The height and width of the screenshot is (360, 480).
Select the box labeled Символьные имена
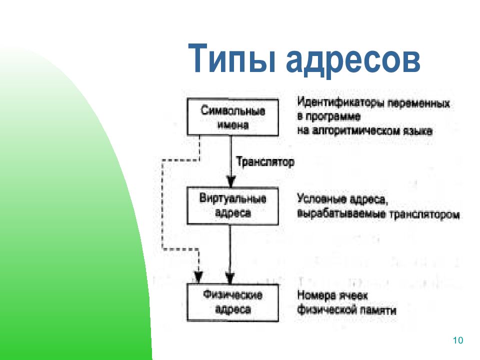point(232,117)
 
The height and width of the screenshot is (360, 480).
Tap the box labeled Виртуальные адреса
point(232,206)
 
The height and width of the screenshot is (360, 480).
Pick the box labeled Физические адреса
point(232,302)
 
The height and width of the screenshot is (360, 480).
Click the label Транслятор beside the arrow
point(265,162)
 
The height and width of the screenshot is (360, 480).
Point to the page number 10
point(458,340)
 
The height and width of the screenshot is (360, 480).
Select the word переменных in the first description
point(419,103)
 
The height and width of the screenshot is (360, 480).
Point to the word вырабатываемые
point(341,213)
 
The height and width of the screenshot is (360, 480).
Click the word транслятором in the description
point(424,214)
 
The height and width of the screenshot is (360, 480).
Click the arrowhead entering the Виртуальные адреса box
point(231,181)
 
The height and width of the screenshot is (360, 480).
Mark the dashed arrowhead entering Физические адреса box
point(198,277)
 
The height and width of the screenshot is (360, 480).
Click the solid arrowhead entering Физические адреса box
point(230,277)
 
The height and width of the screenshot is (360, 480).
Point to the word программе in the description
point(333,116)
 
